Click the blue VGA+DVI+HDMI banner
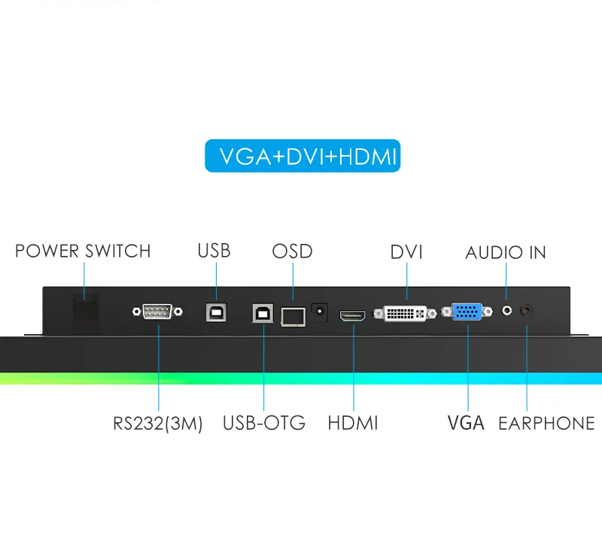click(x=303, y=156)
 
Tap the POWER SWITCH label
click(x=83, y=251)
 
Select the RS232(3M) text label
click(x=158, y=424)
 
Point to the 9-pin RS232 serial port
click(x=157, y=312)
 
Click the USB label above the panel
click(x=214, y=250)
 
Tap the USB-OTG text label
click(x=264, y=423)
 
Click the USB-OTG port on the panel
click(x=263, y=313)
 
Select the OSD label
click(x=292, y=251)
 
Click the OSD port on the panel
click(x=292, y=316)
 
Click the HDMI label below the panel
click(x=353, y=423)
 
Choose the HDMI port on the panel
click(x=353, y=317)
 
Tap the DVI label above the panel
click(x=406, y=252)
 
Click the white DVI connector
click(x=406, y=312)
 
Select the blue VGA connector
click(x=467, y=312)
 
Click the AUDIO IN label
click(x=506, y=252)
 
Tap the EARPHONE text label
click(x=546, y=423)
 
